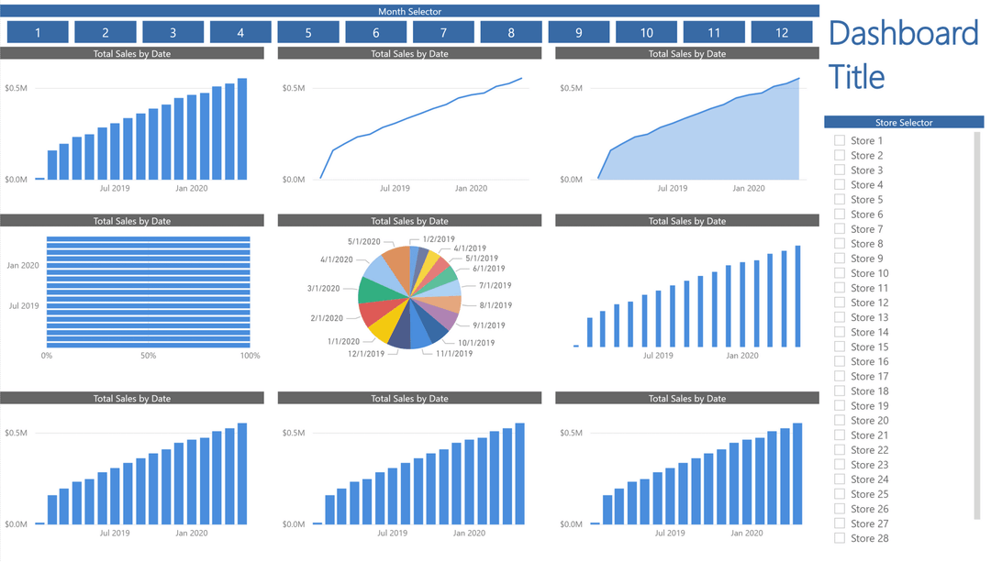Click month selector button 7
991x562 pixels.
pyautogui.click(x=443, y=32)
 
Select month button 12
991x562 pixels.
pyautogui.click(x=782, y=32)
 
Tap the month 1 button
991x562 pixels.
pyautogui.click(x=38, y=32)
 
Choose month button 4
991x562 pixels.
pyautogui.click(x=240, y=32)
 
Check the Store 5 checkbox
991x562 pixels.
pyautogui.click(x=840, y=199)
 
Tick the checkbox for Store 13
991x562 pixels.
pyautogui.click(x=840, y=317)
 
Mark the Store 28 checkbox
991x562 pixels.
pyautogui.click(x=840, y=538)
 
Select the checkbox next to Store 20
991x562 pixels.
pyautogui.click(x=840, y=420)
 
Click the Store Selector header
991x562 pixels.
pyautogui.click(x=903, y=122)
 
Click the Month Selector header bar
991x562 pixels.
pyautogui.click(x=409, y=11)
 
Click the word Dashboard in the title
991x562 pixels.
pyautogui.click(x=903, y=34)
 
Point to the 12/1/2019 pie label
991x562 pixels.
pyautogui.click(x=366, y=353)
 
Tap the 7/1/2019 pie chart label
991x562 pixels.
pyautogui.click(x=495, y=285)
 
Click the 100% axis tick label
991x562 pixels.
pyautogui.click(x=250, y=356)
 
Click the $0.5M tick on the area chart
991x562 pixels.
pyautogui.click(x=571, y=89)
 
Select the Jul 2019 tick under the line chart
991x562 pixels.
pyautogui.click(x=395, y=188)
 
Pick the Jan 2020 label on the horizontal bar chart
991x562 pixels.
pyautogui.click(x=23, y=266)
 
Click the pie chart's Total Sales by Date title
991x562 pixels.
pyautogui.click(x=409, y=221)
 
